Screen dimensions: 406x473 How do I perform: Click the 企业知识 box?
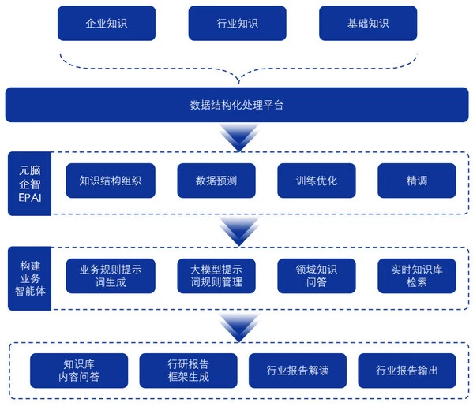point(106,24)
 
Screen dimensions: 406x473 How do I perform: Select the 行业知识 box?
point(237,24)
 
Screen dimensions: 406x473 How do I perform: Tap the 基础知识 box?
point(367,24)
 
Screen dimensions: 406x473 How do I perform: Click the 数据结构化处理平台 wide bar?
point(237,105)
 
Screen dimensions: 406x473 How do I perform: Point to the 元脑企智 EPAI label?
point(29,183)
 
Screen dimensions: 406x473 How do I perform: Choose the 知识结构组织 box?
point(111,181)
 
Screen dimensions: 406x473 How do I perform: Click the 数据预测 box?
point(216,181)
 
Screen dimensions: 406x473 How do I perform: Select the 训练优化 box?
point(317,181)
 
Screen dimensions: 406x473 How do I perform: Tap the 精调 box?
point(417,181)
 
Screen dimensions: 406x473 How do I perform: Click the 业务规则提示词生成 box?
point(111,276)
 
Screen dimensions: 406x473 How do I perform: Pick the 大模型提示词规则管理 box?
point(216,276)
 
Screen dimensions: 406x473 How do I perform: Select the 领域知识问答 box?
point(317,276)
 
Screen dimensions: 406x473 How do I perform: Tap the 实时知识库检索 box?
point(417,276)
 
